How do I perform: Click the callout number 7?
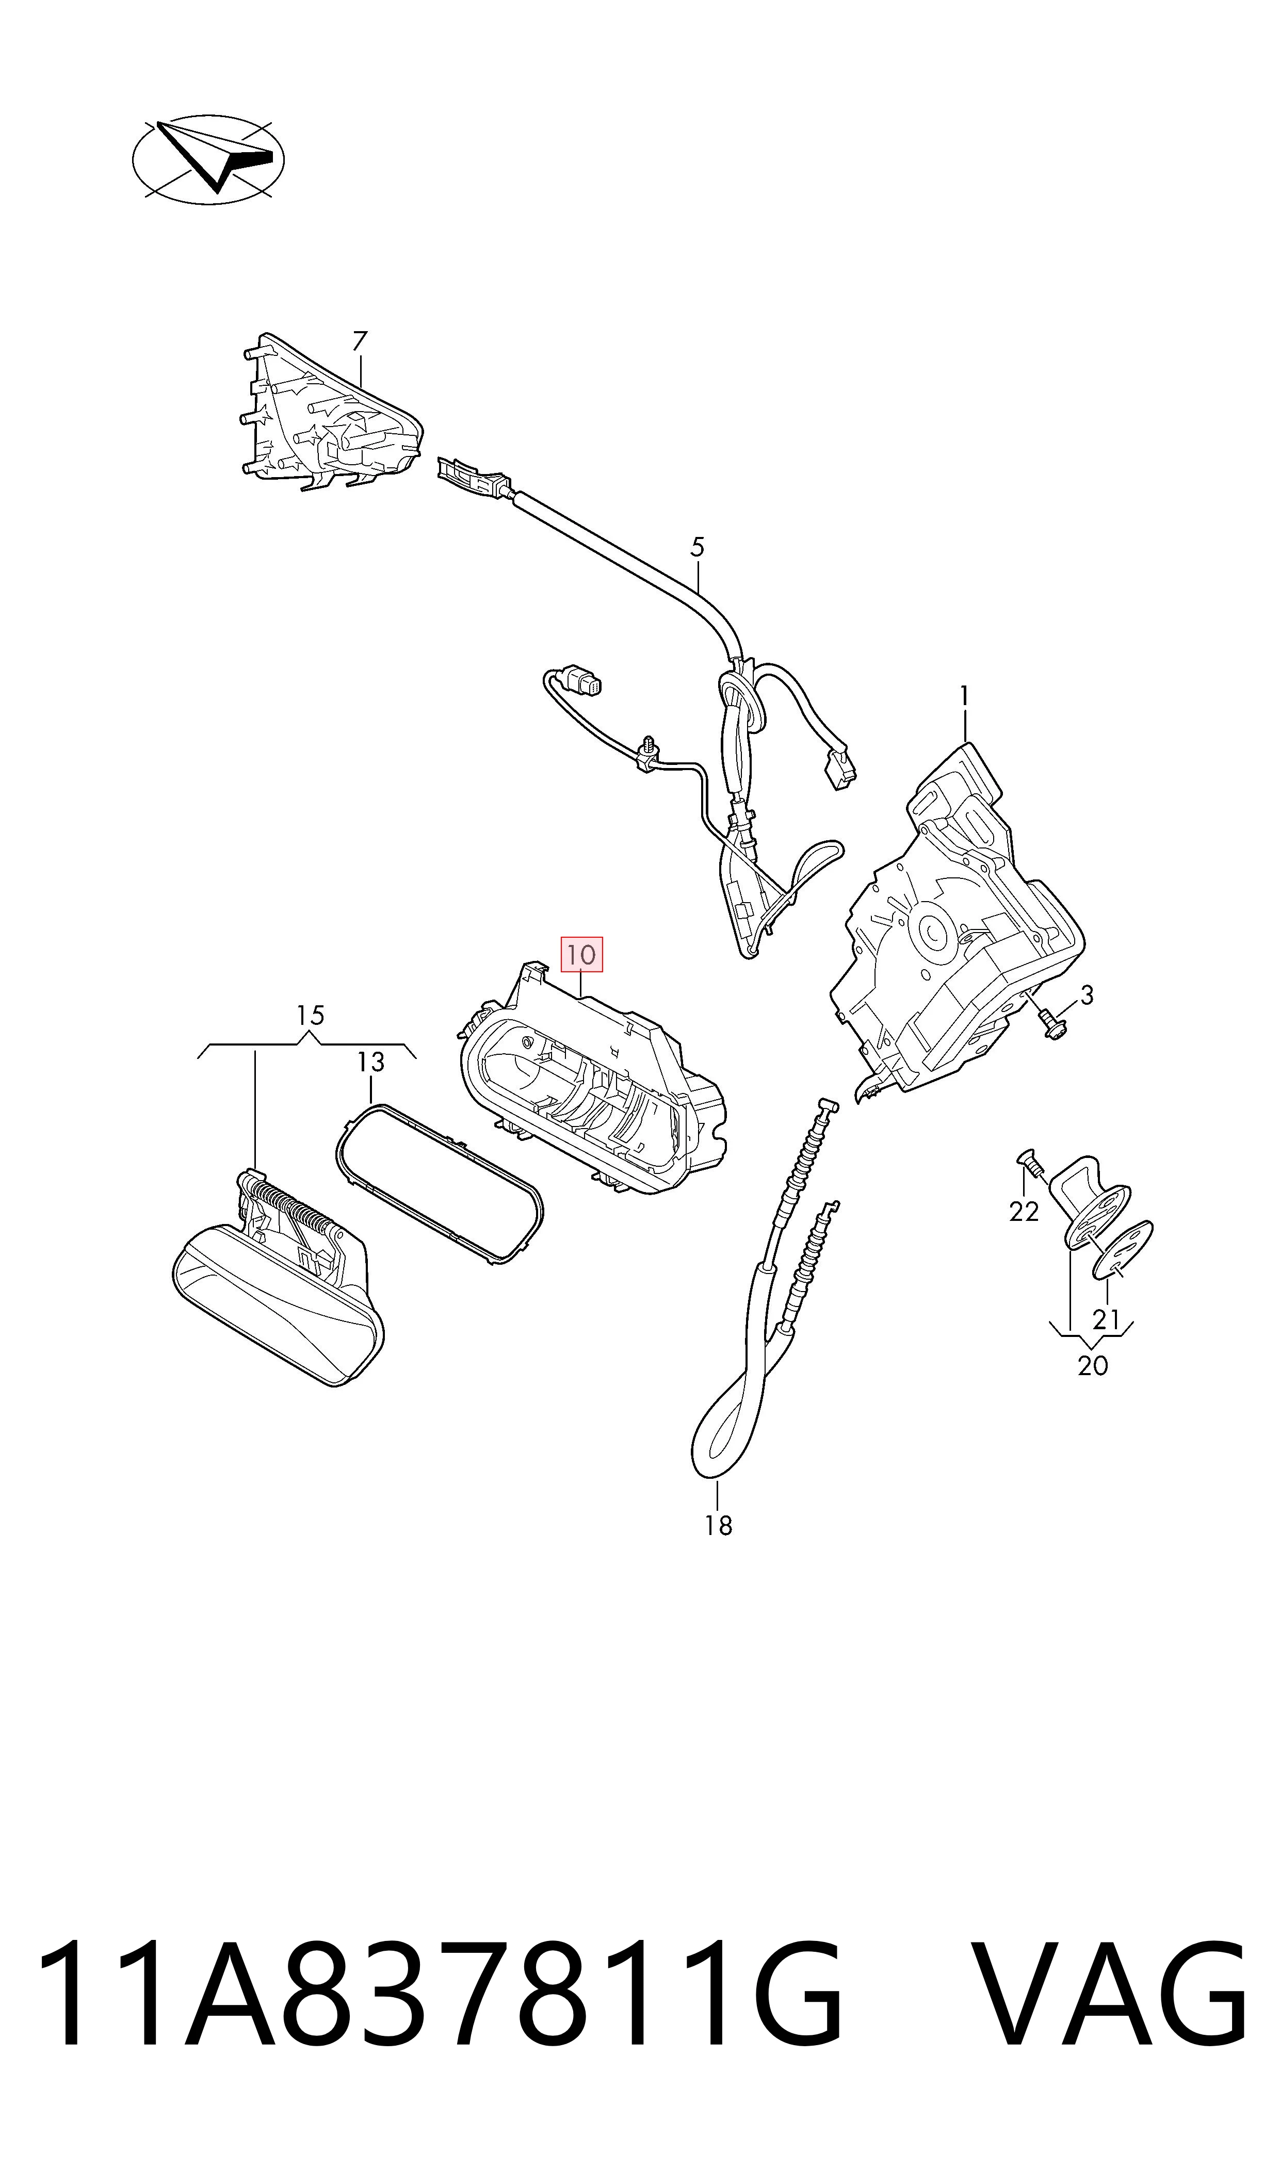coord(360,341)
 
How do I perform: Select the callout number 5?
coord(698,547)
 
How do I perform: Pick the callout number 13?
coord(371,1062)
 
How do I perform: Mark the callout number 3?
coord(1087,996)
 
